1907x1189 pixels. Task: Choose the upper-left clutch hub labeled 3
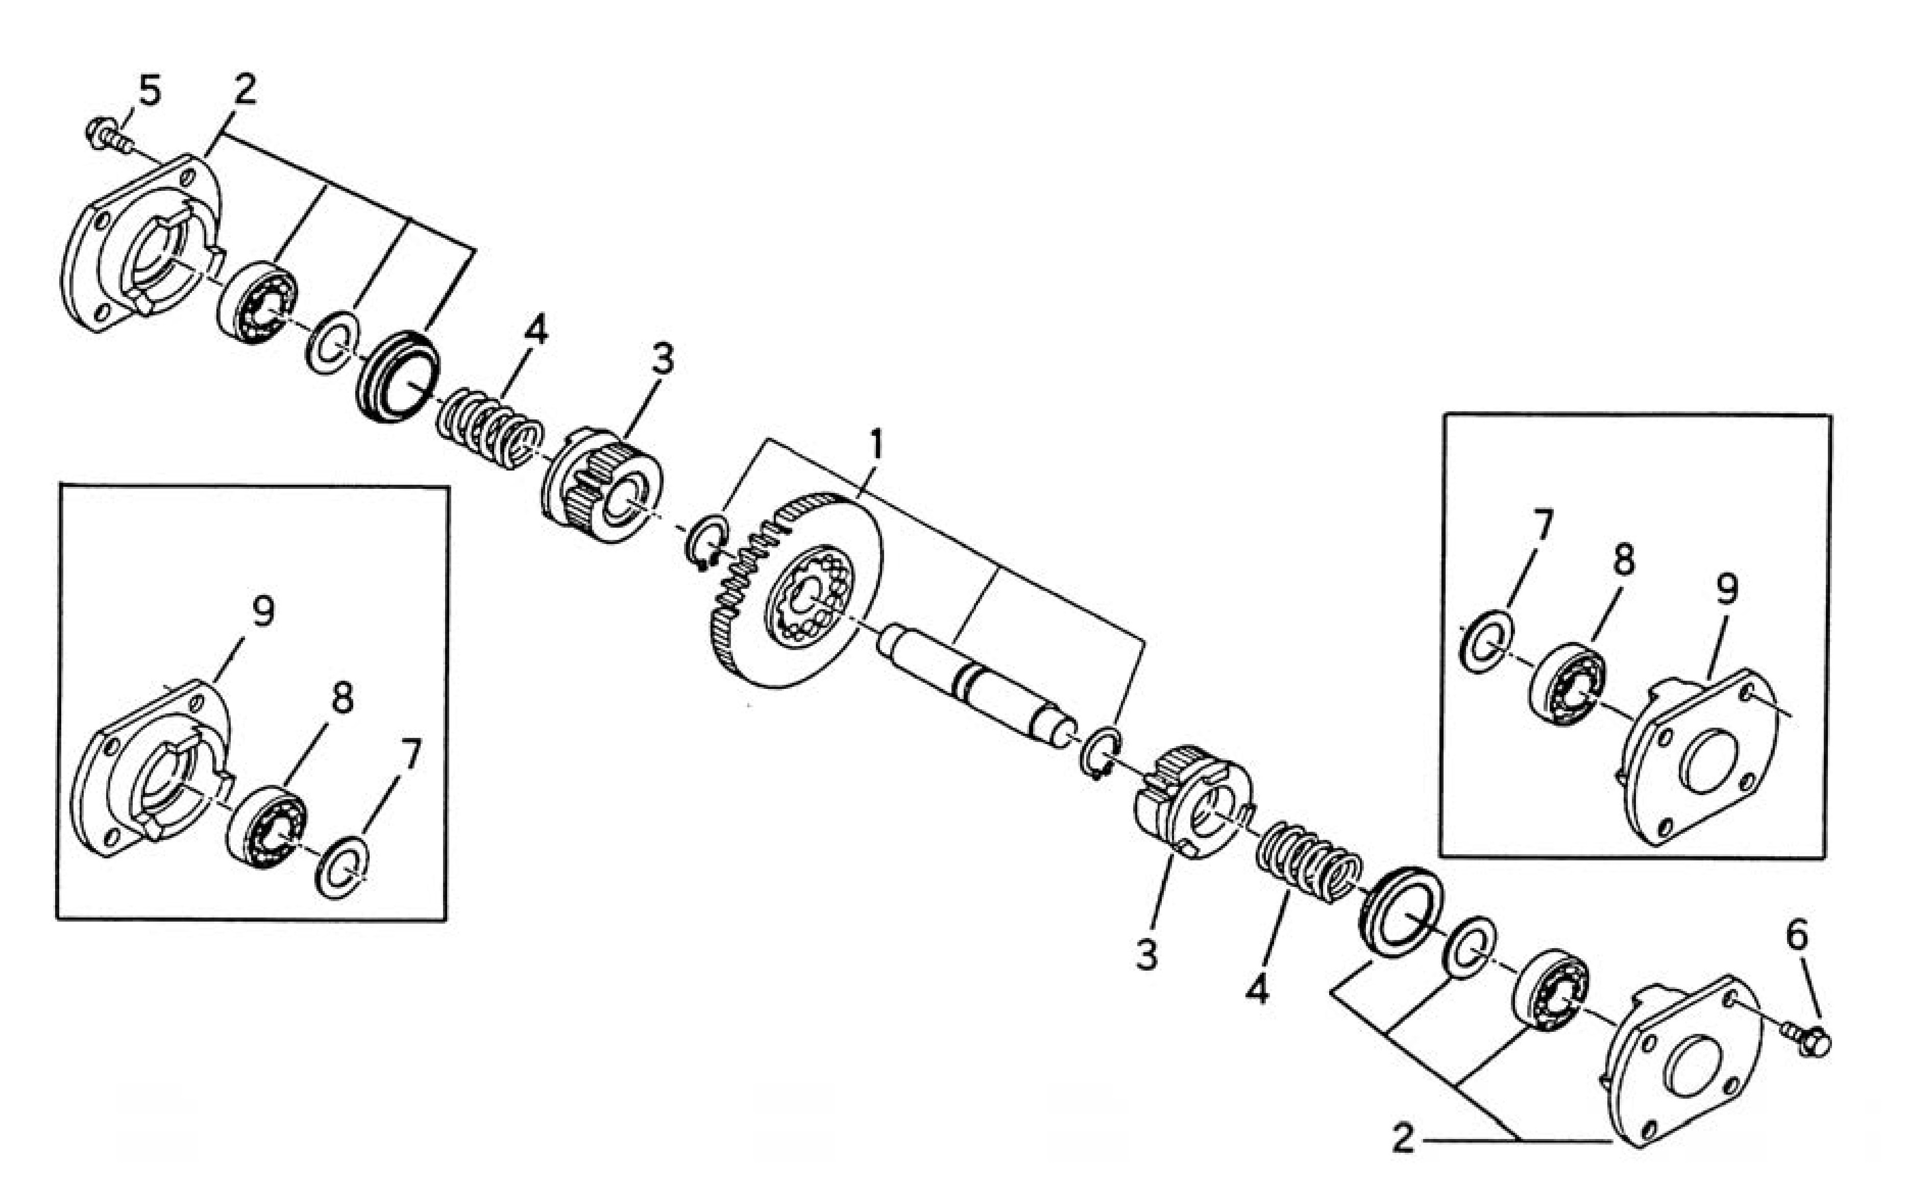click(602, 487)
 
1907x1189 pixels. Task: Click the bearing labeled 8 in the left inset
click(267, 827)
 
